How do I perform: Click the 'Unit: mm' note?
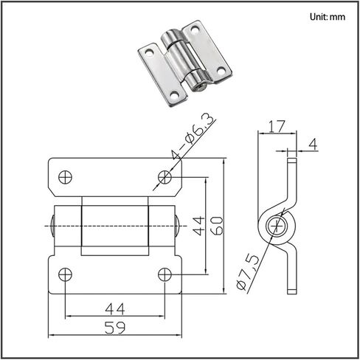(x=328, y=17)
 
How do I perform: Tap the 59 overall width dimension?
(x=115, y=328)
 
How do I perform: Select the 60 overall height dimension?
(x=218, y=226)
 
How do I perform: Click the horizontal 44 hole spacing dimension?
(x=115, y=309)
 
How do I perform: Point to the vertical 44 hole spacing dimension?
(x=198, y=226)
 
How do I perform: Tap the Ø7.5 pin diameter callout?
(x=248, y=272)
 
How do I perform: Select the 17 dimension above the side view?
(x=277, y=126)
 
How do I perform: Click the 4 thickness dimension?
(x=313, y=145)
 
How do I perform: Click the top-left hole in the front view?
(x=65, y=177)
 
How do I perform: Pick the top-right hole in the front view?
(x=165, y=177)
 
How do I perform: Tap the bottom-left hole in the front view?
(x=65, y=274)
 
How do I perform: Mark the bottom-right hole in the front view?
(x=165, y=274)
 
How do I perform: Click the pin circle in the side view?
(x=277, y=226)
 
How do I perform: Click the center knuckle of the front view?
(x=115, y=226)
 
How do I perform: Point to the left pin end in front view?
(x=52, y=226)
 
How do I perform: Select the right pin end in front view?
(x=177, y=226)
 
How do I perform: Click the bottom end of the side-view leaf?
(x=292, y=291)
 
